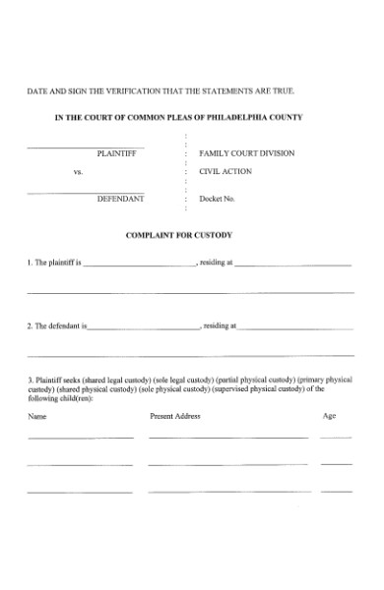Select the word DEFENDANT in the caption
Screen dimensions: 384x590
pyautogui.click(x=120, y=199)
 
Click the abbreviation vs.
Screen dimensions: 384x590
pyautogui.click(x=78, y=171)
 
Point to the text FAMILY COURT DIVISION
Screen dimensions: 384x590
pyautogui.click(x=246, y=154)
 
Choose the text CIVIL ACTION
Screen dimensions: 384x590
pyautogui.click(x=225, y=170)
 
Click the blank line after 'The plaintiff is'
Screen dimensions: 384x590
pyautogui.click(x=139, y=266)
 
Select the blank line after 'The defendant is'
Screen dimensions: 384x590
pyautogui.click(x=145, y=327)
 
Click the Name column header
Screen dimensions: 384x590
pyautogui.click(x=37, y=416)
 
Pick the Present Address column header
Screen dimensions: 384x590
pyautogui.click(x=175, y=416)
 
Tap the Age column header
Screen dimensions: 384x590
pyautogui.click(x=329, y=416)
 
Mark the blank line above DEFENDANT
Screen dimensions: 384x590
pyautogui.click(x=88, y=192)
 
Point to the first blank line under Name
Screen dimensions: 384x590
pyautogui.click(x=80, y=438)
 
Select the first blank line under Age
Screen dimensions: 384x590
pyautogui.click(x=336, y=438)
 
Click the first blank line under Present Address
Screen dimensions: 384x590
pyautogui.click(x=227, y=438)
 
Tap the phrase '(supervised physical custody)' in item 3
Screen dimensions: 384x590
pyautogui.click(x=265, y=388)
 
